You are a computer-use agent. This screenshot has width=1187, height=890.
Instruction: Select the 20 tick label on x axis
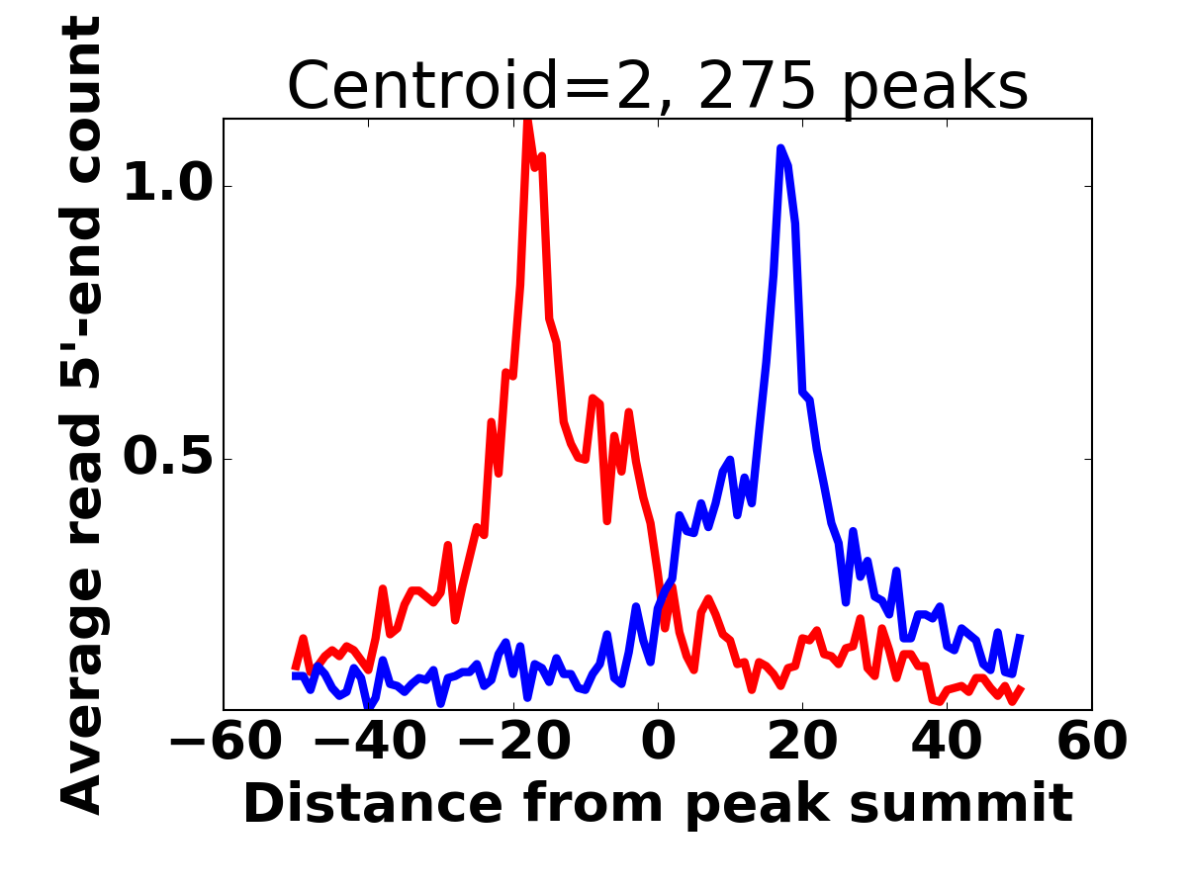(802, 742)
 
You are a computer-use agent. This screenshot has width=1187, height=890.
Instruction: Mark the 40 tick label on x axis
(947, 742)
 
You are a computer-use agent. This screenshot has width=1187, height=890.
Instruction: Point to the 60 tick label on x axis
(1091, 742)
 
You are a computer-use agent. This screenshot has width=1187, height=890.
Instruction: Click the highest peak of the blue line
(780, 148)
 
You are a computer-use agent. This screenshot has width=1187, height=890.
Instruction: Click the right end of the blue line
(1020, 636)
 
